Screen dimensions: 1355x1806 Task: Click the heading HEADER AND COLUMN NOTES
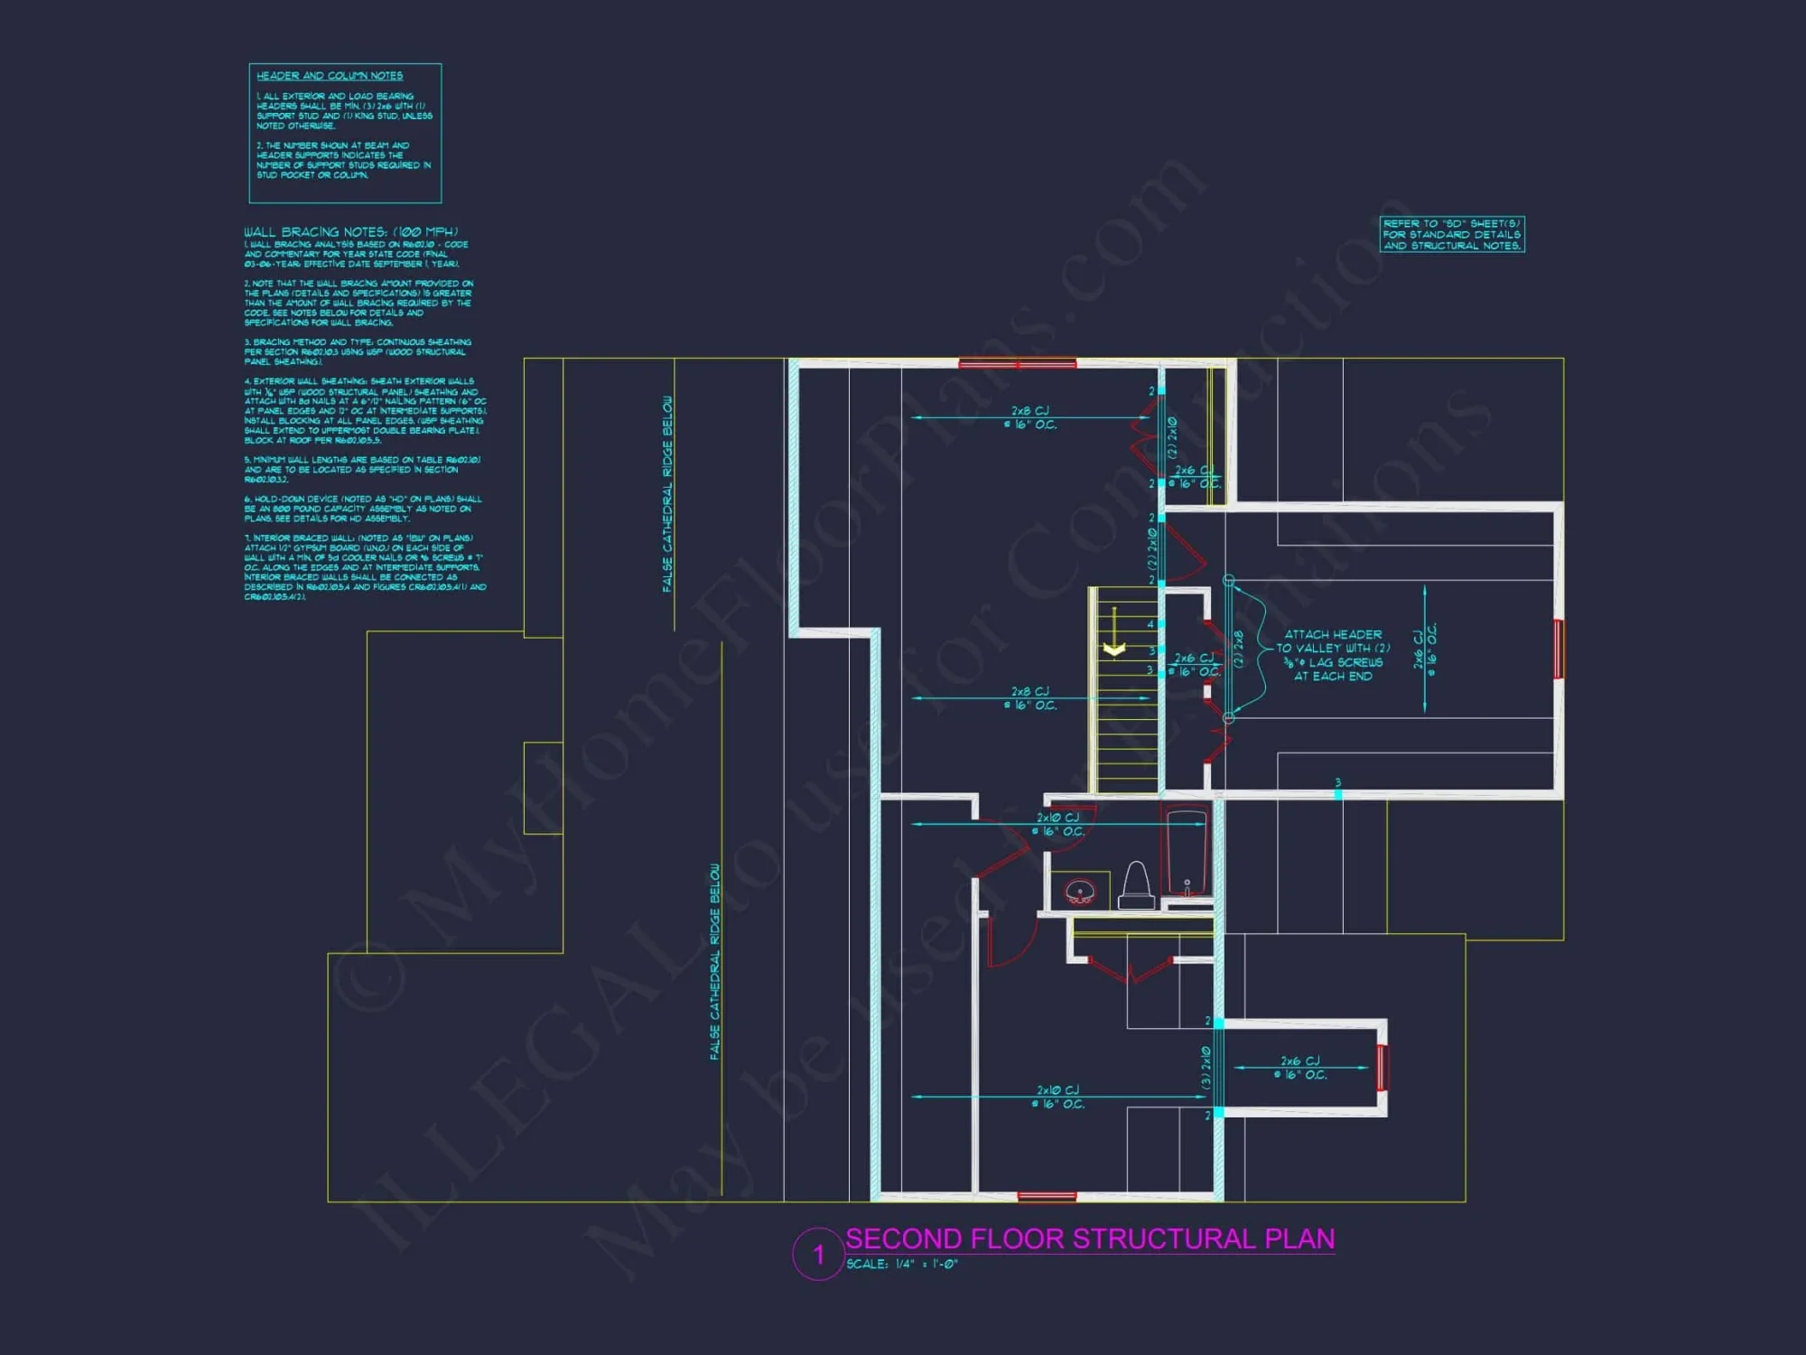(330, 76)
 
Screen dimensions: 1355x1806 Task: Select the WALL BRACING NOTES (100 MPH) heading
(350, 232)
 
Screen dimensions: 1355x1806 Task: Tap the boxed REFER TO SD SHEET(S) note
(1452, 235)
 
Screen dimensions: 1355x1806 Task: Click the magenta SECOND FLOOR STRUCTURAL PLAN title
(1090, 1238)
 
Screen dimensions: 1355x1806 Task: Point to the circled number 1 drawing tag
(818, 1255)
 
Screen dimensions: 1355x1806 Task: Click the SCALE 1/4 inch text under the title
(901, 1265)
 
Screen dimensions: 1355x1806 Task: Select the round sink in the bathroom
(1080, 892)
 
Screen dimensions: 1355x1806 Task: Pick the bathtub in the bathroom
(1187, 854)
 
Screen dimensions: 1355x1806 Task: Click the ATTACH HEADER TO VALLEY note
(1333, 655)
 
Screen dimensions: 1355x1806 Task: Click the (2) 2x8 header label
(1238, 649)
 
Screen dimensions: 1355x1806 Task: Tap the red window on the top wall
(1017, 364)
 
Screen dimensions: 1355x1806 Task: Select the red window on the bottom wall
(1047, 1196)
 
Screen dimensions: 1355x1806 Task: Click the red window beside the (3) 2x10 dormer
(1382, 1067)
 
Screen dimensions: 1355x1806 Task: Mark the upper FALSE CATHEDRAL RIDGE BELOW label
(667, 494)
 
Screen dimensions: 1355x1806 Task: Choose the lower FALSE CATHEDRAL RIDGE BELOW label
(714, 961)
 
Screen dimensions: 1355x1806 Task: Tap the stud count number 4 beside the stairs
(1150, 624)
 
